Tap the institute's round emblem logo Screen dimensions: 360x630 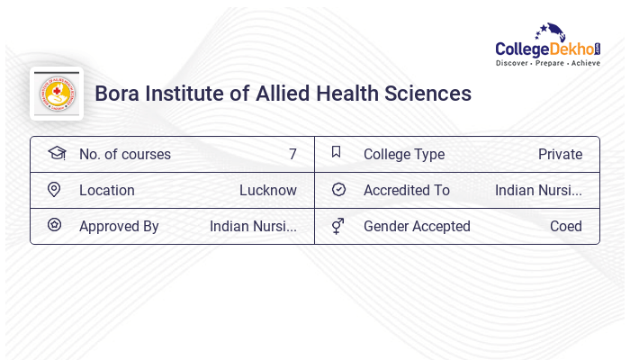(57, 94)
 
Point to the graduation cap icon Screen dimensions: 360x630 (57, 153)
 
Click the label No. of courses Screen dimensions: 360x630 (124, 154)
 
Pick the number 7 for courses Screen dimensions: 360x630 (292, 154)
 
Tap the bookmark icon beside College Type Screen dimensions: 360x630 (337, 152)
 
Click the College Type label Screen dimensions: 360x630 (403, 154)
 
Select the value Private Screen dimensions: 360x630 (560, 154)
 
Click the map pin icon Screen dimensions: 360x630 (54, 190)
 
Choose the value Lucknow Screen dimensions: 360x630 (267, 190)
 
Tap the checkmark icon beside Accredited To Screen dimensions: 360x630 (338, 190)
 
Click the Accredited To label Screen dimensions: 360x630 (406, 190)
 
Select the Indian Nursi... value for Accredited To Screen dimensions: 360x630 (538, 190)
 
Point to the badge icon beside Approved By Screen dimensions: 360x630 (54, 225)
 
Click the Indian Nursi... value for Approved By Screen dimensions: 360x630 (253, 226)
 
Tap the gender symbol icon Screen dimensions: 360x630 (337, 226)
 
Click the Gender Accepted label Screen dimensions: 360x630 (417, 226)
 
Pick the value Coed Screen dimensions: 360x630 (566, 226)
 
